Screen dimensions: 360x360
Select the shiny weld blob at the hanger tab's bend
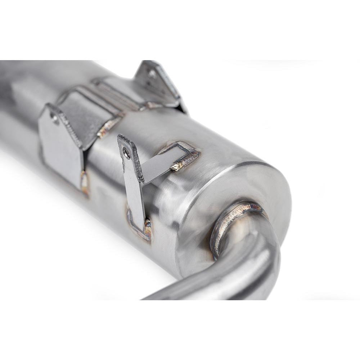pos(176,166)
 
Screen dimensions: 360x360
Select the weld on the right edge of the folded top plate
pos(108,124)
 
